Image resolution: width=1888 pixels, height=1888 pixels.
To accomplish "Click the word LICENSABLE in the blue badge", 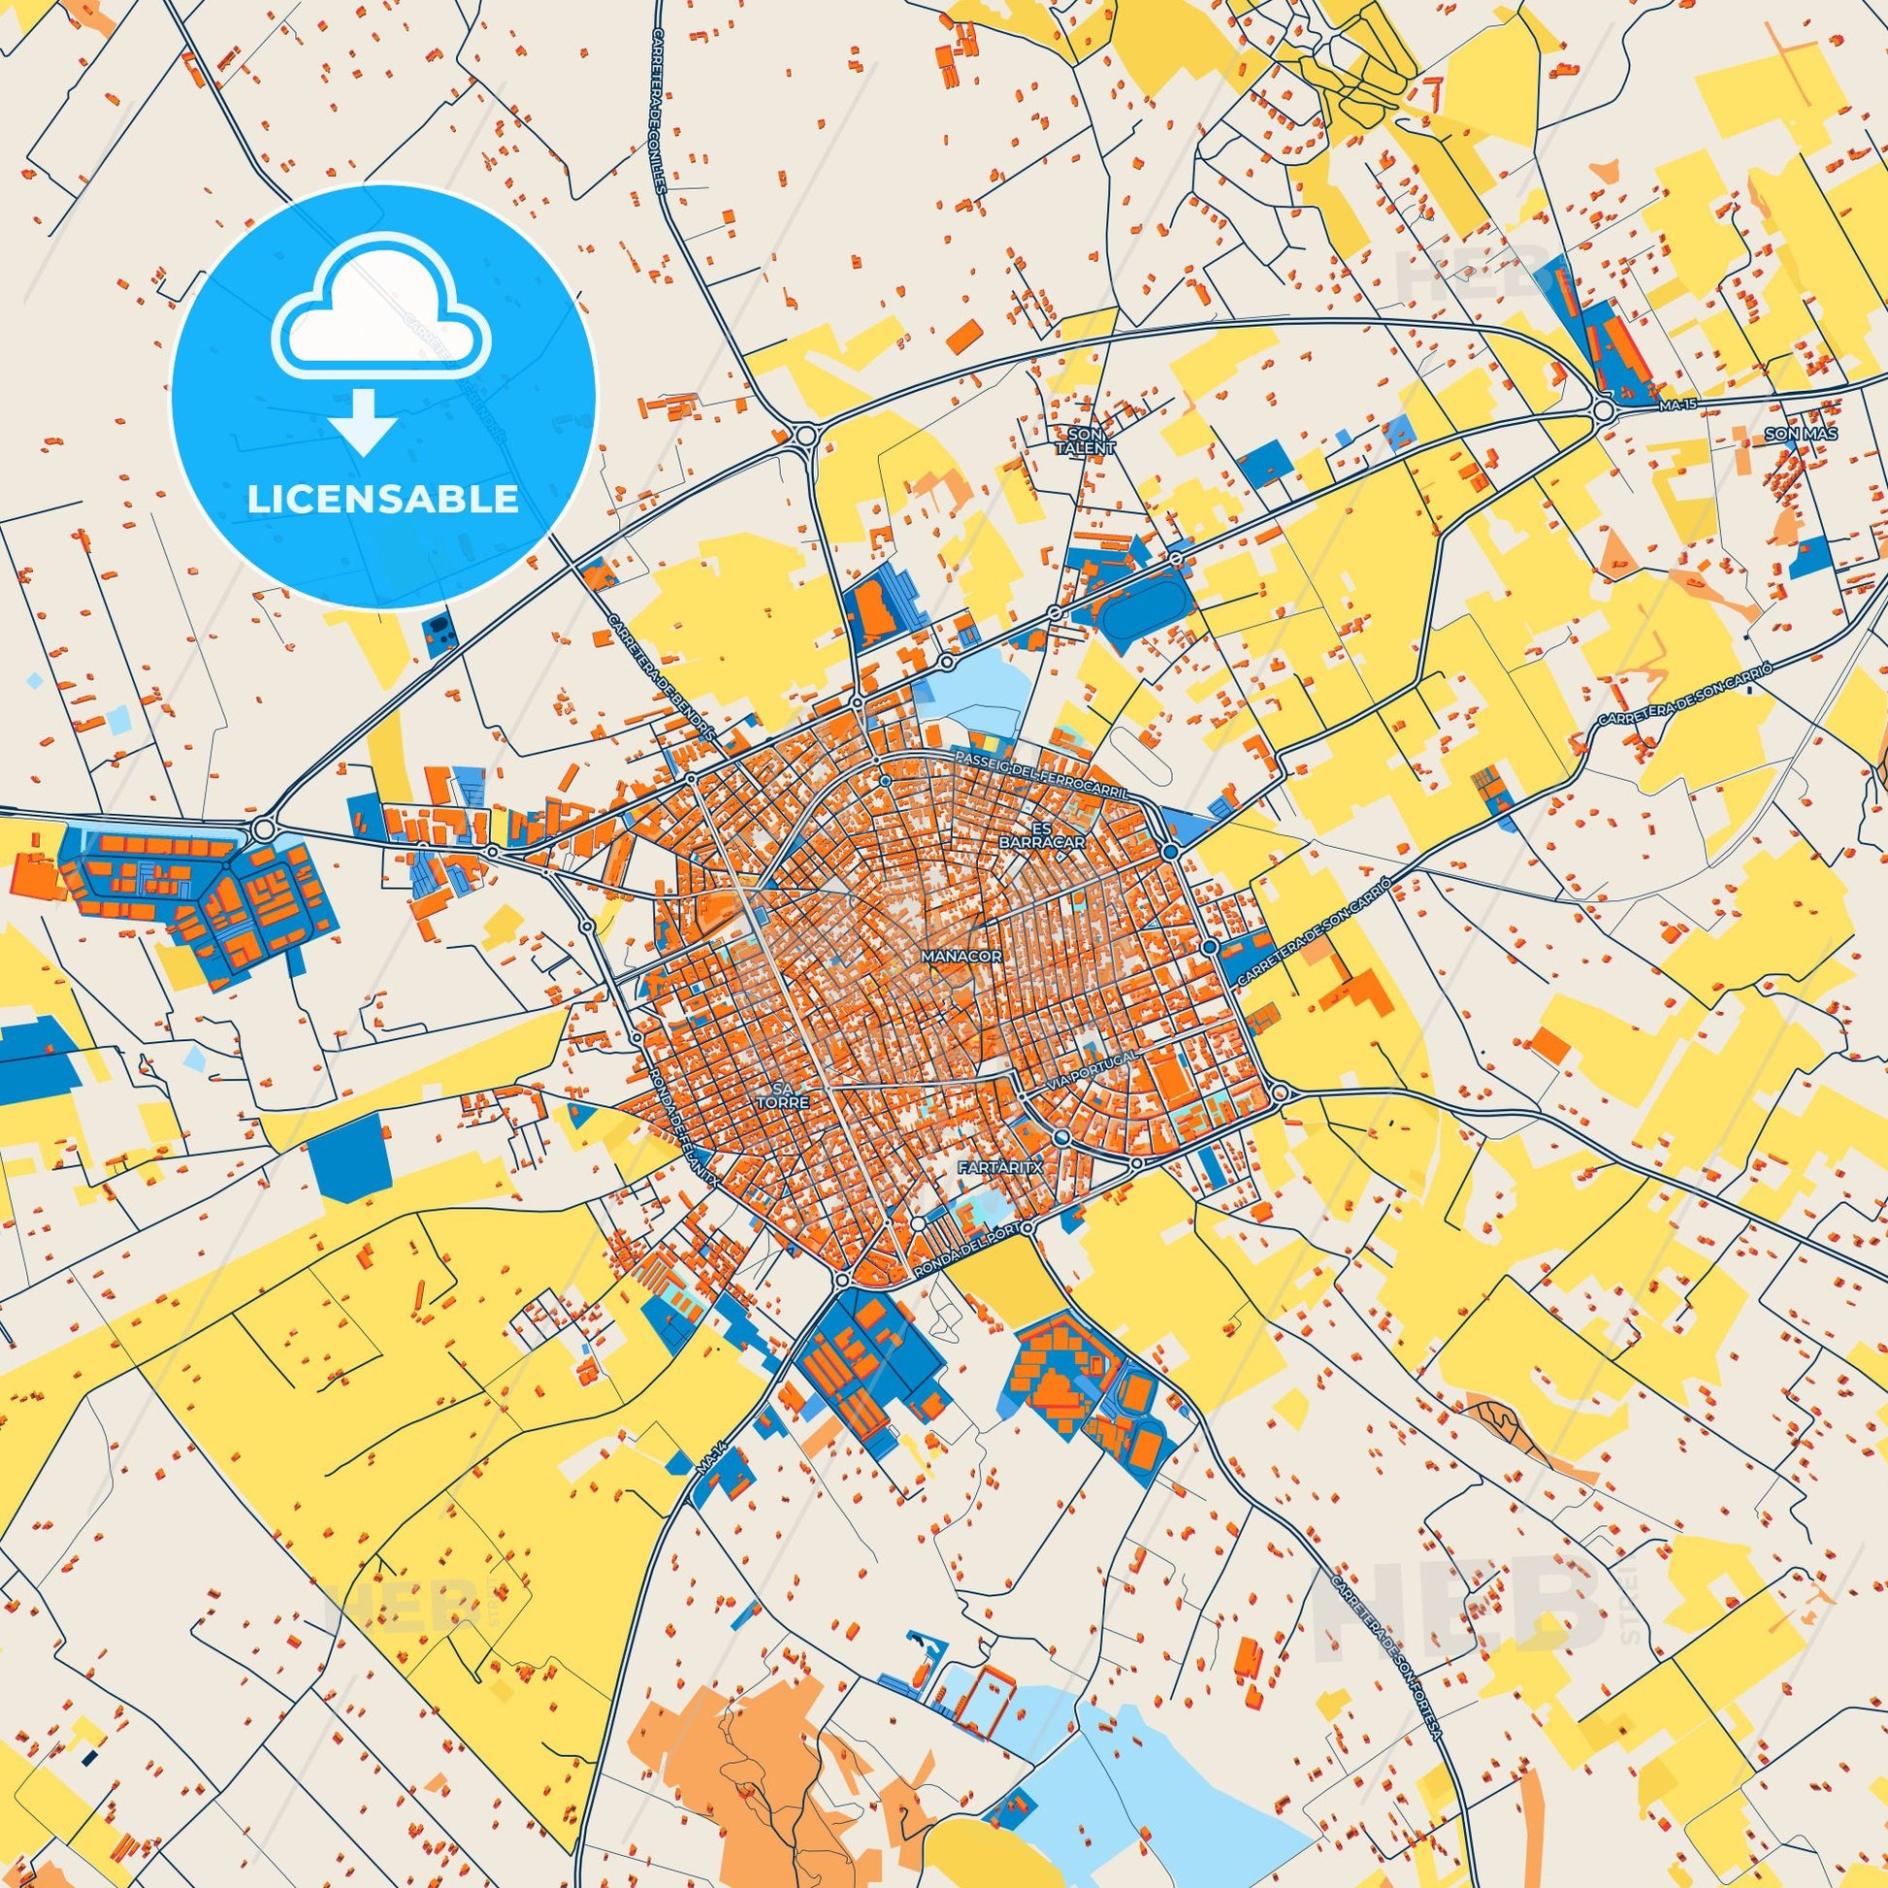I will [383, 499].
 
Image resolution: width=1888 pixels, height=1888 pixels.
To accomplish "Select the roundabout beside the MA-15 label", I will [1603, 411].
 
